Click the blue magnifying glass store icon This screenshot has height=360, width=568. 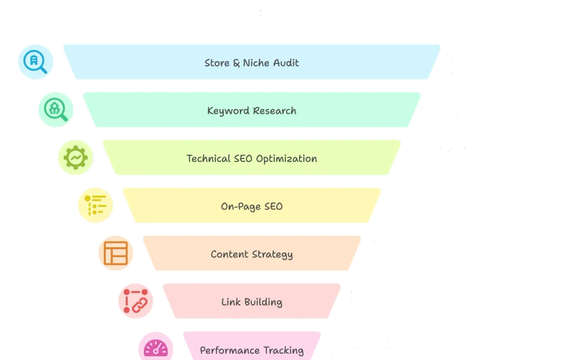pos(35,62)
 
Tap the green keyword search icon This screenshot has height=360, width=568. pos(56,109)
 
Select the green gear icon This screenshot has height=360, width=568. pos(76,157)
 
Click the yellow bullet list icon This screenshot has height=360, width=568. pos(95,205)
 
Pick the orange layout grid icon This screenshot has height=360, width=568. pos(115,253)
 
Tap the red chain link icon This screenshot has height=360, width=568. pos(136,301)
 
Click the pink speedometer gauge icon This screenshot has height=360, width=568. pos(156,347)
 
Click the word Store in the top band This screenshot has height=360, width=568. pos(217,63)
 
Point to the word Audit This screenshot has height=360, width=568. pos(286,63)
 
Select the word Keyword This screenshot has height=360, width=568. pos(229,111)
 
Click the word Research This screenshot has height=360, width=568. pos(275,111)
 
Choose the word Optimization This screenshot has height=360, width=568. pos(286,159)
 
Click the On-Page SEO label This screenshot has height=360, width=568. pos(252,207)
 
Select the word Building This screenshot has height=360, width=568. pos(263,302)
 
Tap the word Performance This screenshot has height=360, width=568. pos(230,351)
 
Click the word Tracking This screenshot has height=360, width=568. pos(284,351)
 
